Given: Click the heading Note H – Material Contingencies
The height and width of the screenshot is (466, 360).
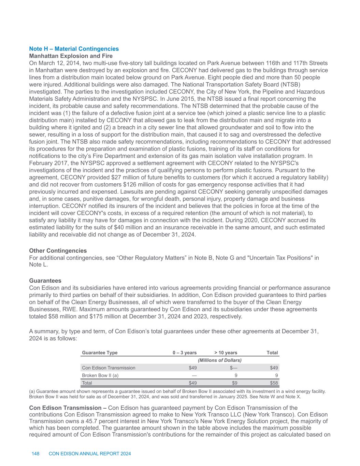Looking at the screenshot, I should pyautogui.click(x=74, y=49).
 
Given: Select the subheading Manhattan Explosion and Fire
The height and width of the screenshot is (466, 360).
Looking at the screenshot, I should pyautogui.click(x=71, y=56).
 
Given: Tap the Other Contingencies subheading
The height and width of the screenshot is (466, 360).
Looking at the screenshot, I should pyautogui.click(x=58, y=251).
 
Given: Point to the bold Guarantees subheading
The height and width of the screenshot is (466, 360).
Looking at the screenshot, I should pyautogui.click(x=45, y=281).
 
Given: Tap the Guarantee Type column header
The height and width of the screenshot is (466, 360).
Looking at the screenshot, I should pyautogui.click(x=100, y=353).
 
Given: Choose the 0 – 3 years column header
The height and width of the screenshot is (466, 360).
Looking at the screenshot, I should pyautogui.click(x=185, y=353).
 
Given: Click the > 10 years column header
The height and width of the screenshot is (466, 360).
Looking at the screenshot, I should pyautogui.click(x=226, y=353).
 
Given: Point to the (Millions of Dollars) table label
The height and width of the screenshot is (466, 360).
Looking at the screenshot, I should pyautogui.click(x=220, y=360).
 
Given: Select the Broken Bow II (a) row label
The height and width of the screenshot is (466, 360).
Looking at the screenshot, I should pyautogui.click(x=100, y=375).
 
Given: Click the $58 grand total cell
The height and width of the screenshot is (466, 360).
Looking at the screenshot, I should pyautogui.click(x=274, y=383).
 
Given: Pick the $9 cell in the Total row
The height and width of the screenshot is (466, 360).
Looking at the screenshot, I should pyautogui.click(x=235, y=383).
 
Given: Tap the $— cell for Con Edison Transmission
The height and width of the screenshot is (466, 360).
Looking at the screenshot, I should pyautogui.click(x=233, y=368).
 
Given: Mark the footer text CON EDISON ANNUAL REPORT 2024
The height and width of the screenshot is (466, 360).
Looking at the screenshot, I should pyautogui.click(x=90, y=454).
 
